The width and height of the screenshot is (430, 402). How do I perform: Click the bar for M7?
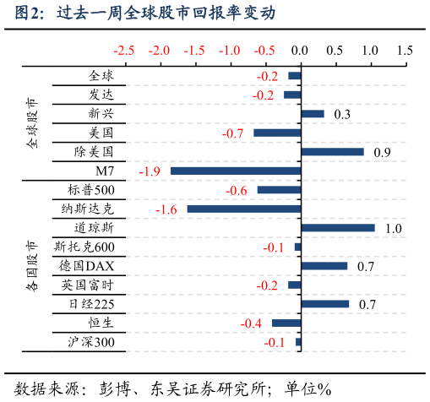coord(235,171)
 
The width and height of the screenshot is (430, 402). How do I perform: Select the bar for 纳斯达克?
coord(243,209)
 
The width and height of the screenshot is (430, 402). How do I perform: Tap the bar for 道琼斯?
coord(337,228)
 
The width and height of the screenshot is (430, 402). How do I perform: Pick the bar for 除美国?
coord(332,152)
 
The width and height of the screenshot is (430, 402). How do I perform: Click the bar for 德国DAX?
coord(324,266)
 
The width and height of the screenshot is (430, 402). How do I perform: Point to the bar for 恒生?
coord(286,323)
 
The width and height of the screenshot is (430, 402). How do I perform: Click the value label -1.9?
coord(150,171)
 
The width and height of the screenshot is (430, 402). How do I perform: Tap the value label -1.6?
coord(166,209)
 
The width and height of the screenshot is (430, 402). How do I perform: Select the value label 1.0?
coord(393,229)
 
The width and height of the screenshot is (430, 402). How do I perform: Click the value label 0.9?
coord(382,153)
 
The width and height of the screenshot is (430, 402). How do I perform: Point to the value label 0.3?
coord(342,115)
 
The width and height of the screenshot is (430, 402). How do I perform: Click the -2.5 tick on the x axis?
coord(124,51)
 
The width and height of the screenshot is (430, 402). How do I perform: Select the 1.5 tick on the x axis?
coord(405,51)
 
